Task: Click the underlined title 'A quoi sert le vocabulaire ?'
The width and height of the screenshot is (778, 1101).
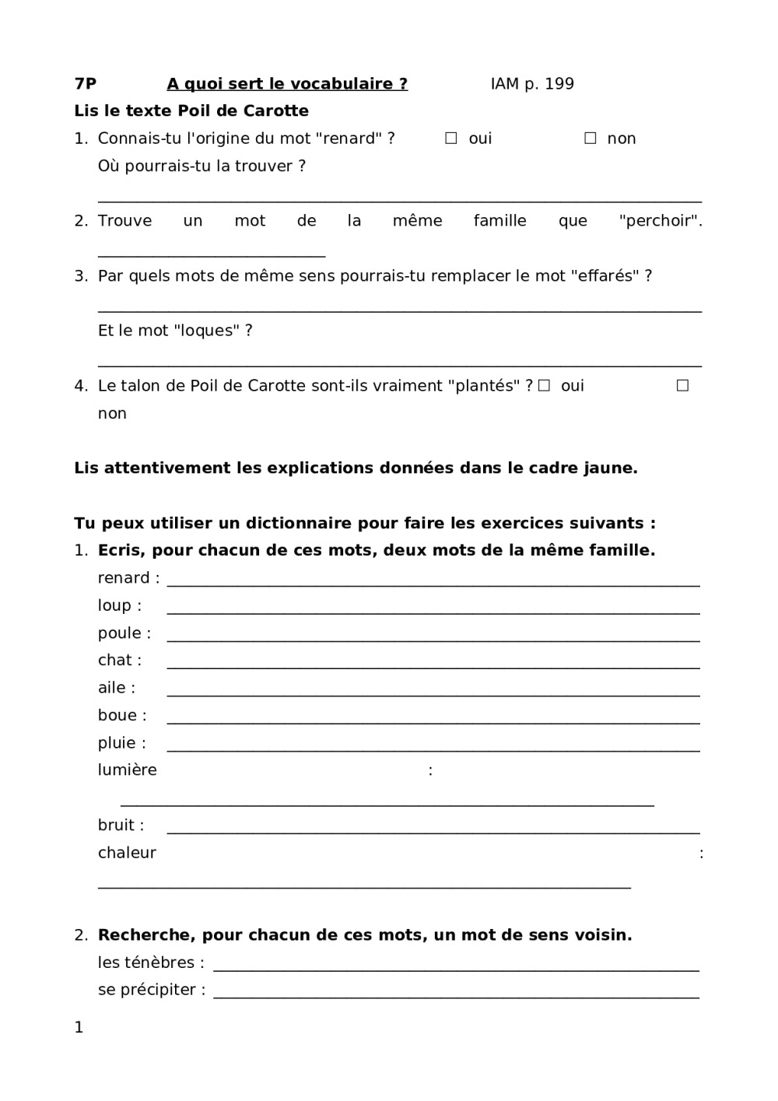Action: coord(287,84)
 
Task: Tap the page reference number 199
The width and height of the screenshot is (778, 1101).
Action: coord(559,84)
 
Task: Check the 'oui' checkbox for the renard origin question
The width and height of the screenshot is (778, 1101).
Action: coord(451,139)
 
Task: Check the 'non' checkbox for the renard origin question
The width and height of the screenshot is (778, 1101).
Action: coord(591,139)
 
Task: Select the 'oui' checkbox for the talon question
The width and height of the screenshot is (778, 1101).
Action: coord(545,385)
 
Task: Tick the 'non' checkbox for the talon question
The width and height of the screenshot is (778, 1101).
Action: coord(682,385)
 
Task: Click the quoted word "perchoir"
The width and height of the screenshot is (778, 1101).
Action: coord(660,221)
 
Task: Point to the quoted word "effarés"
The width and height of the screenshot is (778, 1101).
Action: coord(605,276)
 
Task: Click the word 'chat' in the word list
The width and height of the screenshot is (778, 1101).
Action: coord(114,661)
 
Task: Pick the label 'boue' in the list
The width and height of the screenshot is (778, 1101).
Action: coord(117,716)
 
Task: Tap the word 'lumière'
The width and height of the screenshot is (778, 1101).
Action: coord(127,770)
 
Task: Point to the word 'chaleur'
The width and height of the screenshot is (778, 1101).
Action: coord(127,853)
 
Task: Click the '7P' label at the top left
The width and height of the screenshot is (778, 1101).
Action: coord(86,84)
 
